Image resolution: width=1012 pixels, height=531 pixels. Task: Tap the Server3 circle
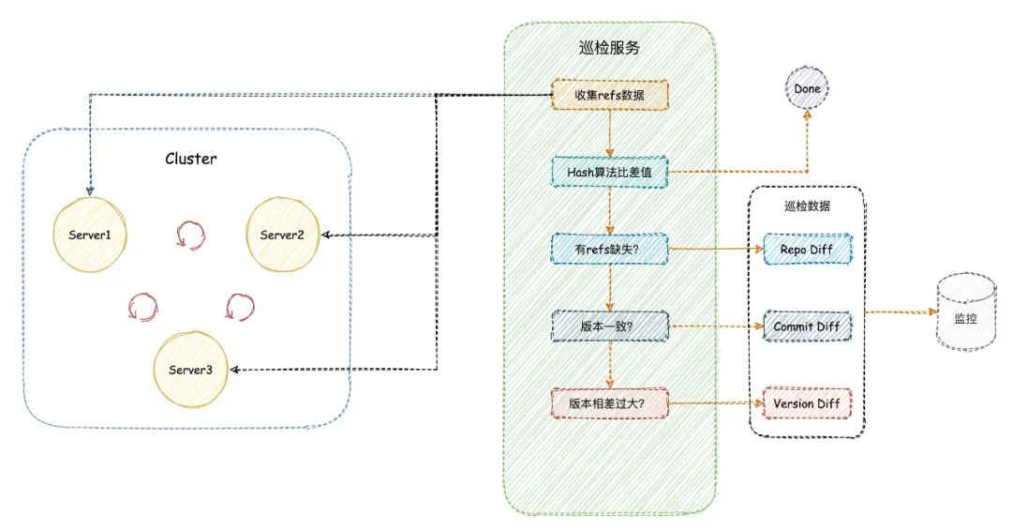click(x=190, y=370)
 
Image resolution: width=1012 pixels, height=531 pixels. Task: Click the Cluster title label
click(x=191, y=159)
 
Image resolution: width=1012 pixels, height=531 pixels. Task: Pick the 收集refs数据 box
click(x=609, y=96)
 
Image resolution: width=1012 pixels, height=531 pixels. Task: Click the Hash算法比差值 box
click(x=609, y=173)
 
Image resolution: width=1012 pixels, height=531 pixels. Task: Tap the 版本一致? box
click(x=609, y=326)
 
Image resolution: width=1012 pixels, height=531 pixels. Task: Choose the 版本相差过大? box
click(x=609, y=403)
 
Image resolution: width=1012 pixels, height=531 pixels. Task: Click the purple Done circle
click(x=807, y=89)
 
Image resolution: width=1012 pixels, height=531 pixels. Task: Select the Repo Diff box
click(x=807, y=250)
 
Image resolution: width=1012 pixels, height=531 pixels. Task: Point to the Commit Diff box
click(x=807, y=326)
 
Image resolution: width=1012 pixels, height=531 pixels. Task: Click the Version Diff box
click(x=807, y=404)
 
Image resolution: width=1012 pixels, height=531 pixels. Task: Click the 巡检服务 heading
click(x=609, y=48)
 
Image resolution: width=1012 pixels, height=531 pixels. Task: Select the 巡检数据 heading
click(x=806, y=205)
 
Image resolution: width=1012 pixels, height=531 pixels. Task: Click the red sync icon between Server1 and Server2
click(x=187, y=235)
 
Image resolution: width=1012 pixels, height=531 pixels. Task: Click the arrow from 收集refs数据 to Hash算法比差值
click(x=609, y=134)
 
